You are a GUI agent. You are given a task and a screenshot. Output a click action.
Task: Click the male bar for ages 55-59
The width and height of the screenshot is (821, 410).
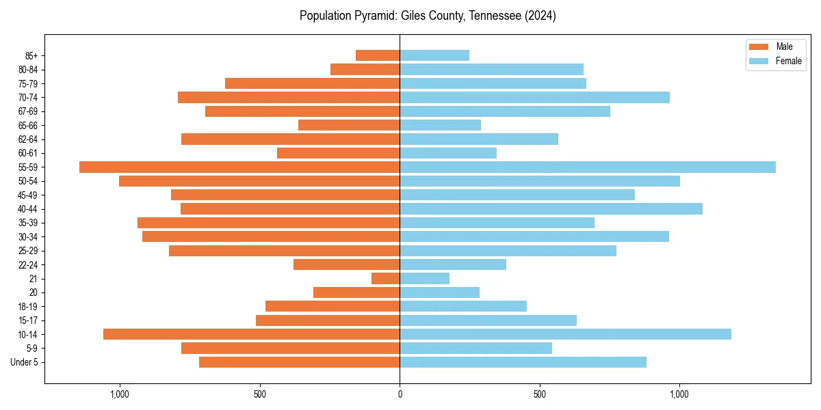(x=239, y=167)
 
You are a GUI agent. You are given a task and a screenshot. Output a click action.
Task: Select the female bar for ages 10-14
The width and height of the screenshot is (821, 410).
(x=565, y=334)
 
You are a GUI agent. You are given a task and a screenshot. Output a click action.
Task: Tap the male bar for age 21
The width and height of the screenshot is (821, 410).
(x=386, y=278)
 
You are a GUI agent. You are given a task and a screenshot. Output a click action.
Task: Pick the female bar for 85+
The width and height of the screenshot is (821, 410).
(x=434, y=55)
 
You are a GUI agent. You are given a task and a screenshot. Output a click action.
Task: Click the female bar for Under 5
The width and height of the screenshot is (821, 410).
(x=523, y=362)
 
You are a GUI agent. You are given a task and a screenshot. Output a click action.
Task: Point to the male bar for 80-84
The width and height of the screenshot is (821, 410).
(x=365, y=69)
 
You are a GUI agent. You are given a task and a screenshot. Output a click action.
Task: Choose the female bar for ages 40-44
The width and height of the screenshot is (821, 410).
(x=551, y=208)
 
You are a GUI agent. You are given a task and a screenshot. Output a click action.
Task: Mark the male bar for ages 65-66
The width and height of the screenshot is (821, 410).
(x=349, y=125)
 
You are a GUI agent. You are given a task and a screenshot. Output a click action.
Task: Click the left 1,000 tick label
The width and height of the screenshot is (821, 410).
(x=120, y=394)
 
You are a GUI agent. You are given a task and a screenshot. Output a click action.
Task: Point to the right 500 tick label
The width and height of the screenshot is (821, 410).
(x=540, y=394)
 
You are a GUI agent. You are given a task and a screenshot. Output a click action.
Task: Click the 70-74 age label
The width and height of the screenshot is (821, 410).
(x=28, y=97)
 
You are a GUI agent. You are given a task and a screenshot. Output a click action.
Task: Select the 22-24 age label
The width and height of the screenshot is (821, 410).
(x=28, y=264)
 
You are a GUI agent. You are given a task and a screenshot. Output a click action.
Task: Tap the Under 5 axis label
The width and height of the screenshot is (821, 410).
(x=25, y=362)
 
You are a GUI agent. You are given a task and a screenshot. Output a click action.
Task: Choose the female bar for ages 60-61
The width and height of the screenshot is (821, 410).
(x=448, y=153)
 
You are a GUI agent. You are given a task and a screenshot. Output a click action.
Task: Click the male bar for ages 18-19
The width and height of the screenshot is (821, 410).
(x=333, y=306)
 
